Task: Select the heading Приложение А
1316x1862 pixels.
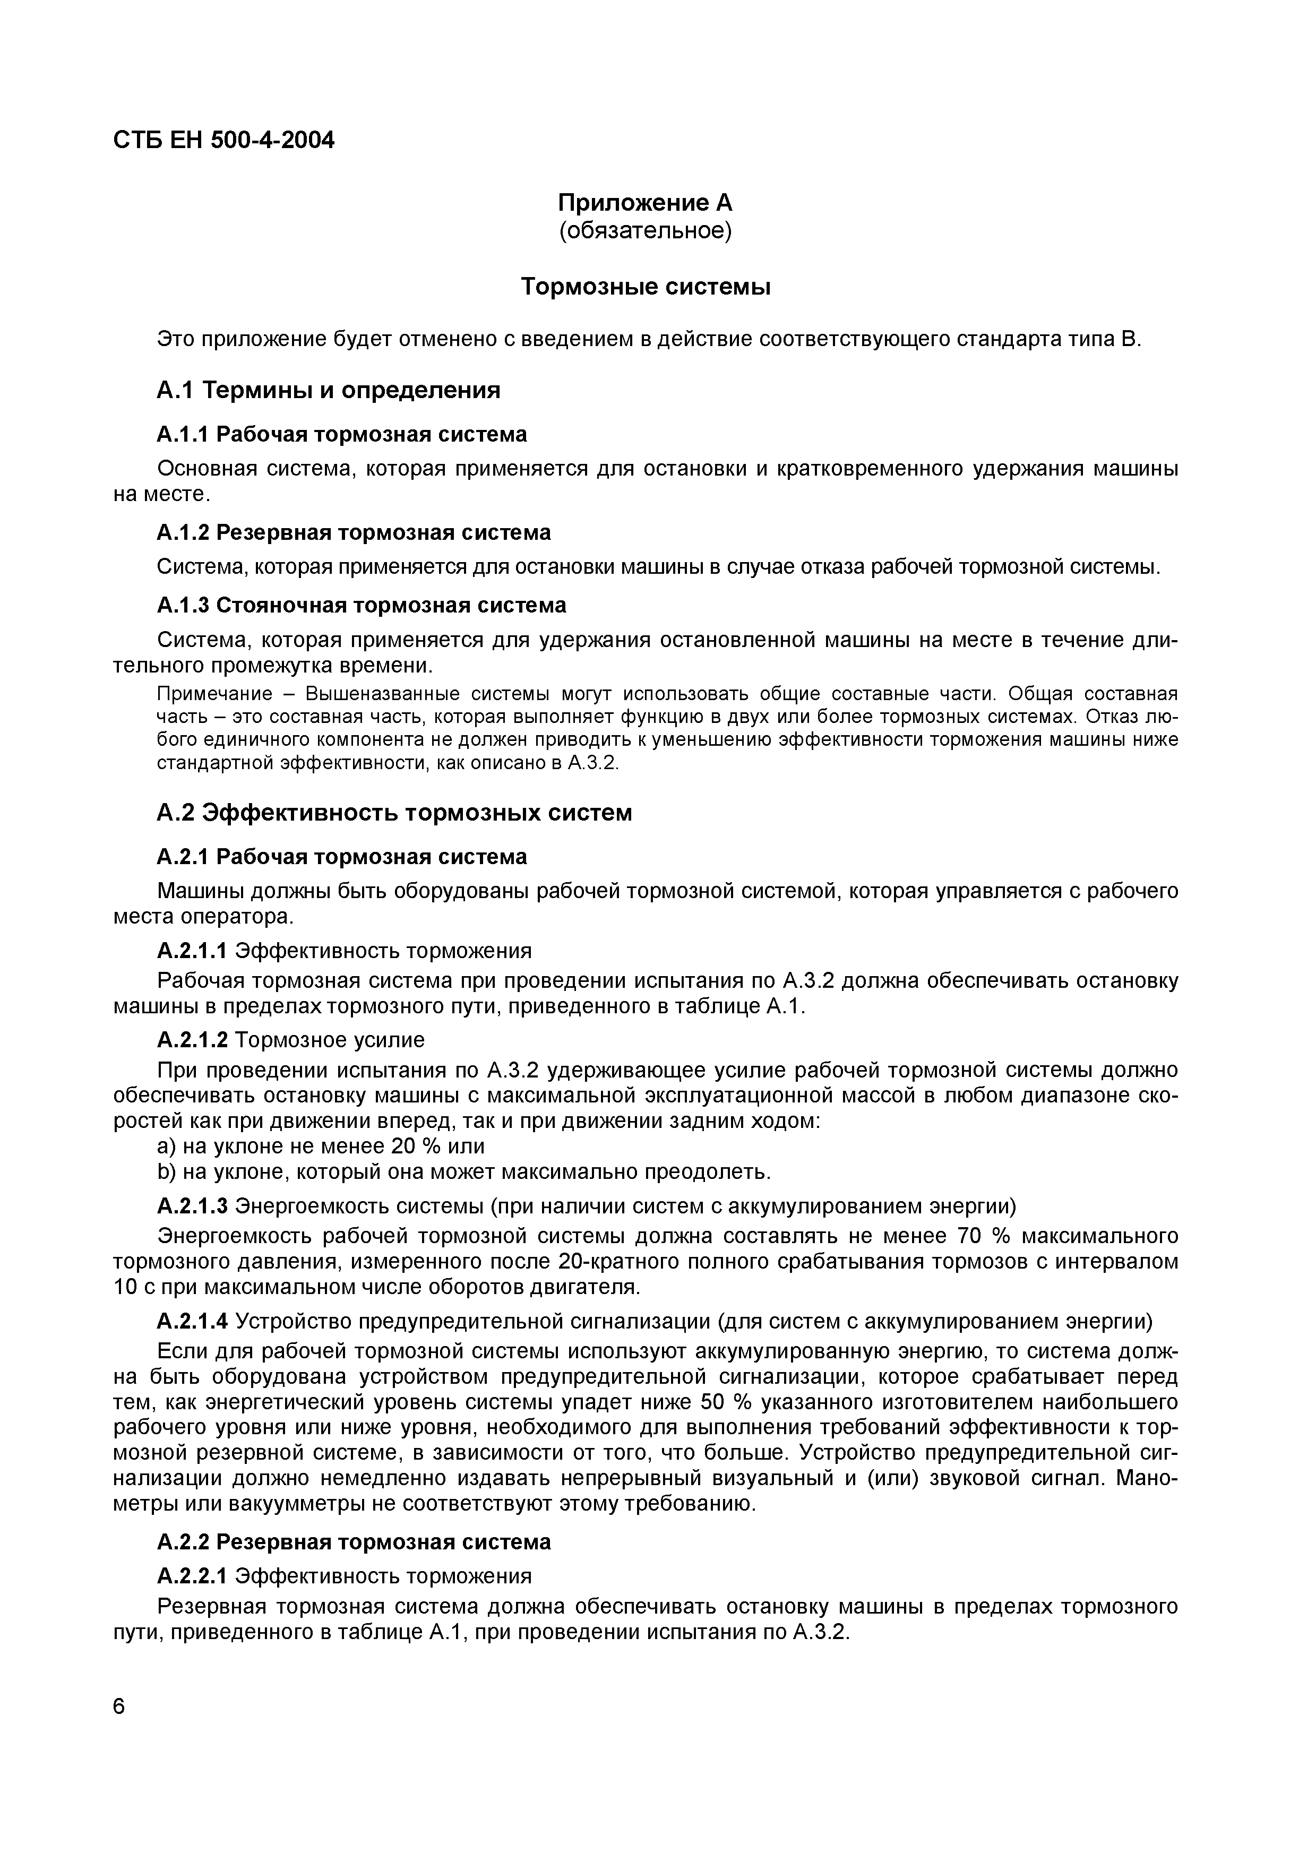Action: [x=644, y=202]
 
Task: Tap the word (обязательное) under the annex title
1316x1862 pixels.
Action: [x=644, y=231]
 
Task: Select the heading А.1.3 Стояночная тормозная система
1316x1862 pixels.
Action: [x=361, y=605]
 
